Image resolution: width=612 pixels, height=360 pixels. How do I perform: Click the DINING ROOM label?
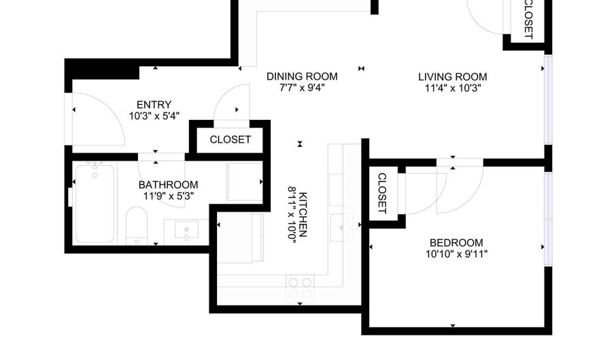click(x=302, y=76)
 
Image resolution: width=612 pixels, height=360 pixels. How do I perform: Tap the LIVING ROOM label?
click(x=452, y=77)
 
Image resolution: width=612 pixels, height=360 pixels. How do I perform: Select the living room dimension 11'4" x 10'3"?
click(x=452, y=88)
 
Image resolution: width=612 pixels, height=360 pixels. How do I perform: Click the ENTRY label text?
click(x=154, y=104)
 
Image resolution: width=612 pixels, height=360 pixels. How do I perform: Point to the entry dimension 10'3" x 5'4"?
click(x=154, y=115)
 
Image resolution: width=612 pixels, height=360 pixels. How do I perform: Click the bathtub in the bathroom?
click(x=95, y=203)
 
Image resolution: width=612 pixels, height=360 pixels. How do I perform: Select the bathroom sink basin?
click(x=186, y=230)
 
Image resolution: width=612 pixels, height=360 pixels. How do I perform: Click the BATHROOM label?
click(x=169, y=184)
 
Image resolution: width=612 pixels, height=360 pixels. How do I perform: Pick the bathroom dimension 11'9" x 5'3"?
click(x=169, y=196)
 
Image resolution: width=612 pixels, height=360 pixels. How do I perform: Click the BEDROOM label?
click(x=456, y=243)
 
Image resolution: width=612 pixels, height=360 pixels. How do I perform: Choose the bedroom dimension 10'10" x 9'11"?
click(x=456, y=255)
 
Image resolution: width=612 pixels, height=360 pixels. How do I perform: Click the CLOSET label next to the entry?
click(x=230, y=140)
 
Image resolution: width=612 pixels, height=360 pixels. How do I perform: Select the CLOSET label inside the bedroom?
click(x=381, y=193)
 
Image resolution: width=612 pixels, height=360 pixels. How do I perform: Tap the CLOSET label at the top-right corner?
click(x=528, y=18)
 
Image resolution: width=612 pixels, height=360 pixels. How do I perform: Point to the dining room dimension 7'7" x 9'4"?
click(x=302, y=88)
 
